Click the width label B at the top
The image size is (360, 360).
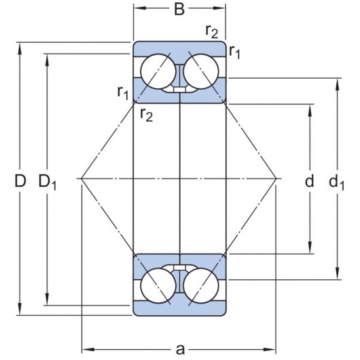tap(179, 10)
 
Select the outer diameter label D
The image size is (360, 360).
tap(20, 181)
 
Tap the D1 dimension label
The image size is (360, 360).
tap(48, 181)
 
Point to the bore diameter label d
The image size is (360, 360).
tap(309, 181)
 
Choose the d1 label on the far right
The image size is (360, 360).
tap(336, 181)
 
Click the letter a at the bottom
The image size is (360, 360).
tap(180, 349)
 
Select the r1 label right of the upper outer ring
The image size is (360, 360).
tap(235, 51)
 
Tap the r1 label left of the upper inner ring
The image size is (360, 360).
tap(123, 92)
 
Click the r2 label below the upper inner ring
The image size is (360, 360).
tap(146, 113)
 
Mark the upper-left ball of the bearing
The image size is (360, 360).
tap(157, 69)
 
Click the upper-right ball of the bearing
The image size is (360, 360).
tap(201, 69)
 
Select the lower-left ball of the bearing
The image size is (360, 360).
tap(157, 288)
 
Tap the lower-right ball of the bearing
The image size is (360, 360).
tap(201, 288)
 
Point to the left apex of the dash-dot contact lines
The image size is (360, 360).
tap(82, 179)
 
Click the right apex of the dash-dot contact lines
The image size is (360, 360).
tap(277, 179)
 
